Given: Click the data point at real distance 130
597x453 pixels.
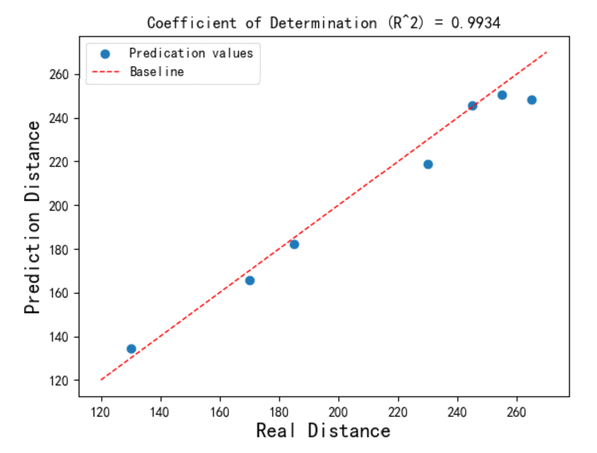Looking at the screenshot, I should coord(131,349).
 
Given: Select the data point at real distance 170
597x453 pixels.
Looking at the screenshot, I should coord(250,280).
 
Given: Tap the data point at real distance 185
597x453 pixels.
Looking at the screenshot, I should coord(294,244).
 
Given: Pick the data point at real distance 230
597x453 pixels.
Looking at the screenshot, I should coord(428,164).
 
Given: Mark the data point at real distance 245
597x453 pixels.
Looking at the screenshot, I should coord(472,106).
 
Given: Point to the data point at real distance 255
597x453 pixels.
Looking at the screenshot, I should coord(502,95).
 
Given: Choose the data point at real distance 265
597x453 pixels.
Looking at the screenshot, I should coord(532,100).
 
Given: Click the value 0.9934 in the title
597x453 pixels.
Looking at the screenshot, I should coord(475,23).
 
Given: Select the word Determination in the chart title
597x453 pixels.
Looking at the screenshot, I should coord(323,23).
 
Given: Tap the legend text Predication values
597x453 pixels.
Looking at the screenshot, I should coord(191,53).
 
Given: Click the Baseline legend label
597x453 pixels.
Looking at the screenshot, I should coord(157,72).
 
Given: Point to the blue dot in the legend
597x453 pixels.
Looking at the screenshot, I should coord(105,54).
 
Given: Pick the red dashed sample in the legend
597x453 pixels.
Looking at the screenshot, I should coord(105,72).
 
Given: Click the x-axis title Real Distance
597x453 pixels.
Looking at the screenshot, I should coord(323,431).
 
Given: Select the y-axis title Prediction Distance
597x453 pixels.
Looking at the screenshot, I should coord(32,217).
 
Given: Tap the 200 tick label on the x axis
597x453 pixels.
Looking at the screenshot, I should coord(338,412).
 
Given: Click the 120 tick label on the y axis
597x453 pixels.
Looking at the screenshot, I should coord(58,380).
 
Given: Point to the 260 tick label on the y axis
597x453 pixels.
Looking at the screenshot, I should coord(58,75).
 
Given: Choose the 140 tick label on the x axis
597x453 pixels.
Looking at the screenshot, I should coord(160,412).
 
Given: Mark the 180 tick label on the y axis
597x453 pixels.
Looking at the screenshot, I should coord(58,250).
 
